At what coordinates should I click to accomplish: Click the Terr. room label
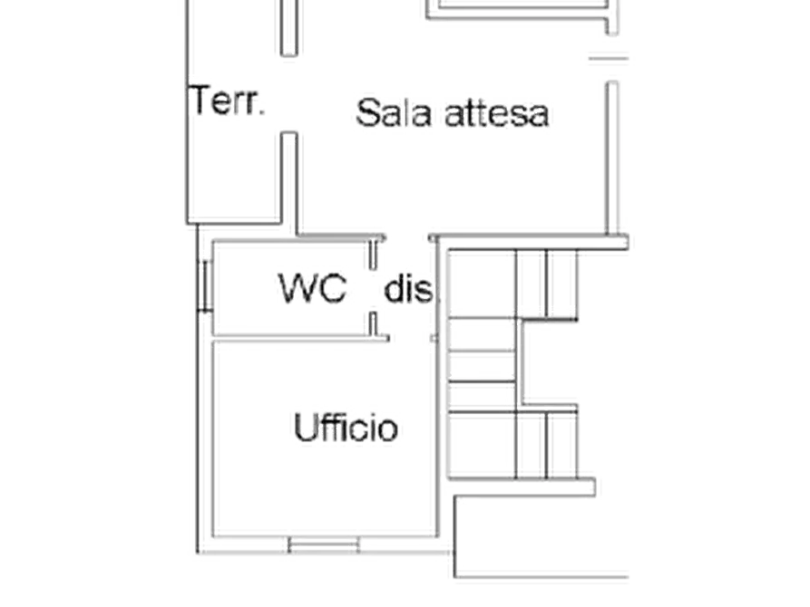point(227,101)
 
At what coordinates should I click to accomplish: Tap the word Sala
point(394,113)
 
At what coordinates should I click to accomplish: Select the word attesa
point(497,114)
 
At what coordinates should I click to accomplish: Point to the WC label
point(313,287)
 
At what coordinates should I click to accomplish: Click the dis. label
point(408,288)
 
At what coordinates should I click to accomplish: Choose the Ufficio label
point(346,428)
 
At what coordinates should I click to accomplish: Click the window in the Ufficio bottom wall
point(324,544)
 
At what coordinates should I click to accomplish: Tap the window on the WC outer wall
point(205,286)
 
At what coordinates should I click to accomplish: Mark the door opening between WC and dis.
point(374,291)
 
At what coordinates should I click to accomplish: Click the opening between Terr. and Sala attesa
point(288,93)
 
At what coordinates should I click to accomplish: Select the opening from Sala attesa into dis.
point(408,238)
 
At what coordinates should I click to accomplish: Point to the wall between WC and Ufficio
point(301,338)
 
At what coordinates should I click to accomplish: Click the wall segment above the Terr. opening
point(288,27)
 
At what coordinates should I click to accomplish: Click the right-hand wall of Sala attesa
point(612,158)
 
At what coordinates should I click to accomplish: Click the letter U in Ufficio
point(304,427)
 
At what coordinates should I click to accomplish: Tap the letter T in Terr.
point(200,101)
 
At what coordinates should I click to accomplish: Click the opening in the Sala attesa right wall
point(612,58)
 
